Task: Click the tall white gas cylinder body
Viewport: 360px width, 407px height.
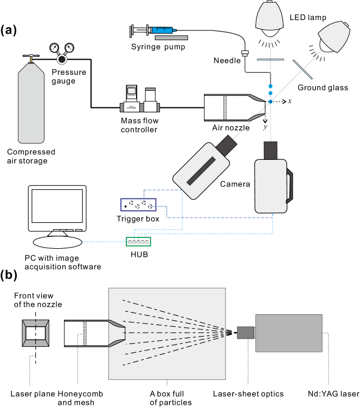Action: (x=31, y=106)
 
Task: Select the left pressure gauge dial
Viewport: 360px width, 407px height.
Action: (x=54, y=48)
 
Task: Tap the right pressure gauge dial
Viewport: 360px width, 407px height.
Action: (x=69, y=48)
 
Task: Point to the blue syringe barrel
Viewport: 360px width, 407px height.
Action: (x=162, y=30)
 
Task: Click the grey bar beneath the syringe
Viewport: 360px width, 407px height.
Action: (x=171, y=38)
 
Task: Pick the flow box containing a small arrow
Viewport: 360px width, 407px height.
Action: (x=131, y=107)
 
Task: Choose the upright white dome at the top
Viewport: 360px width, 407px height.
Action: (x=269, y=17)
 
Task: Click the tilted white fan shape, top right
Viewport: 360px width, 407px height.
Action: (x=335, y=36)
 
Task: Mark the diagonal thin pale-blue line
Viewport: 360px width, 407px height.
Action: (x=303, y=69)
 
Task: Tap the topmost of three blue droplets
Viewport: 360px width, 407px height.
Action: (x=271, y=86)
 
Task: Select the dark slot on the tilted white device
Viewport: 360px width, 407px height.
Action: (x=201, y=171)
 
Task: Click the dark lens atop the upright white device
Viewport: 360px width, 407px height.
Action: (x=271, y=150)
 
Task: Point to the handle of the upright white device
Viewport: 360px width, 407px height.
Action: (x=290, y=186)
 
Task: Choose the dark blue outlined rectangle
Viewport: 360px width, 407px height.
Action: (x=138, y=204)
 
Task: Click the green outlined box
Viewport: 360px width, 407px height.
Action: (x=138, y=242)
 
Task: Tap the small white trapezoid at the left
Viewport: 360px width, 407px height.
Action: (x=57, y=234)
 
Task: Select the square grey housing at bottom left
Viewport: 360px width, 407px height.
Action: (x=36, y=333)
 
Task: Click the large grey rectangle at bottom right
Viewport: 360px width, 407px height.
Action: (x=289, y=333)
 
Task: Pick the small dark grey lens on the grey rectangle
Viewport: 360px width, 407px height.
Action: (x=246, y=333)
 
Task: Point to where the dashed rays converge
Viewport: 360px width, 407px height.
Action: (x=223, y=332)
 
